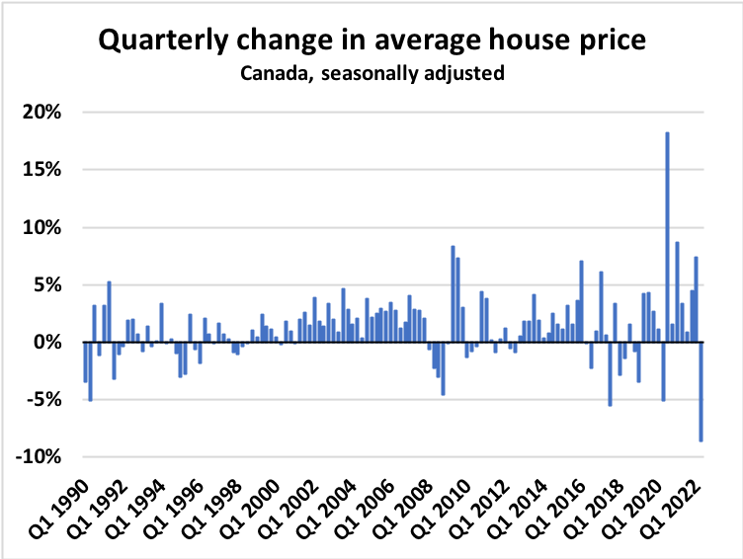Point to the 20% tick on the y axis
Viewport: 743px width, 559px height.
coord(42,112)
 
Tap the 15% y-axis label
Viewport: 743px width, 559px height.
coord(42,169)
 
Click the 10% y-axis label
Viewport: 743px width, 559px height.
coord(42,227)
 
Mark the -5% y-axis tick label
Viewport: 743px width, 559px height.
coord(44,400)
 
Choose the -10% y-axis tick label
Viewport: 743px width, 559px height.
coord(40,457)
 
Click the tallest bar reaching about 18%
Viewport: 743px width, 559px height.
coord(668,237)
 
